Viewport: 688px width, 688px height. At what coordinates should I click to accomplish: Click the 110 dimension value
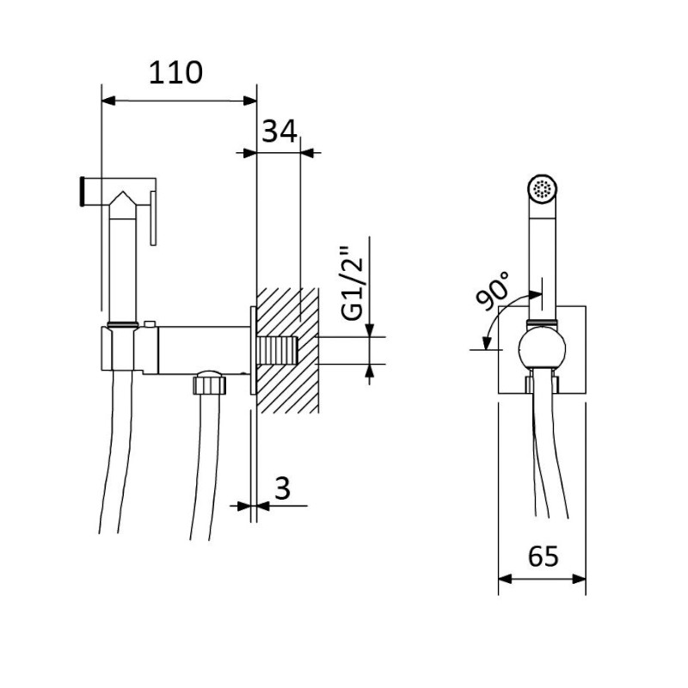(175, 74)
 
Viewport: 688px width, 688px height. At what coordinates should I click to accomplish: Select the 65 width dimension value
(543, 557)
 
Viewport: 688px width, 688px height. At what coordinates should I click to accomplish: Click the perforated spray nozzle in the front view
(543, 188)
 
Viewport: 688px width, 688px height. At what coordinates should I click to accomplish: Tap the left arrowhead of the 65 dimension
(505, 580)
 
